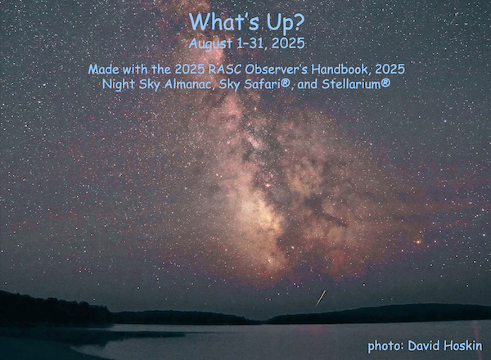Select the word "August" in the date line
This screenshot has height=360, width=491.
[x=211, y=43]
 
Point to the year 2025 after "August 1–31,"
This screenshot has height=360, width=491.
[x=288, y=43]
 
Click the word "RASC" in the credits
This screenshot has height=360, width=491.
[x=226, y=70]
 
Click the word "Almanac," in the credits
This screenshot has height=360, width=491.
[x=190, y=84]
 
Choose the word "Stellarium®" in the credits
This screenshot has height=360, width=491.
[x=356, y=83]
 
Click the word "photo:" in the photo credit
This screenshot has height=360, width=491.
[x=385, y=346]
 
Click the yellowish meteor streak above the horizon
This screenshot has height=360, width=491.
[x=321, y=298]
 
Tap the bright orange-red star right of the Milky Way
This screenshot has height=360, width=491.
[x=418, y=241]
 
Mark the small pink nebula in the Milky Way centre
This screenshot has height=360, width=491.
[x=268, y=186]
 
